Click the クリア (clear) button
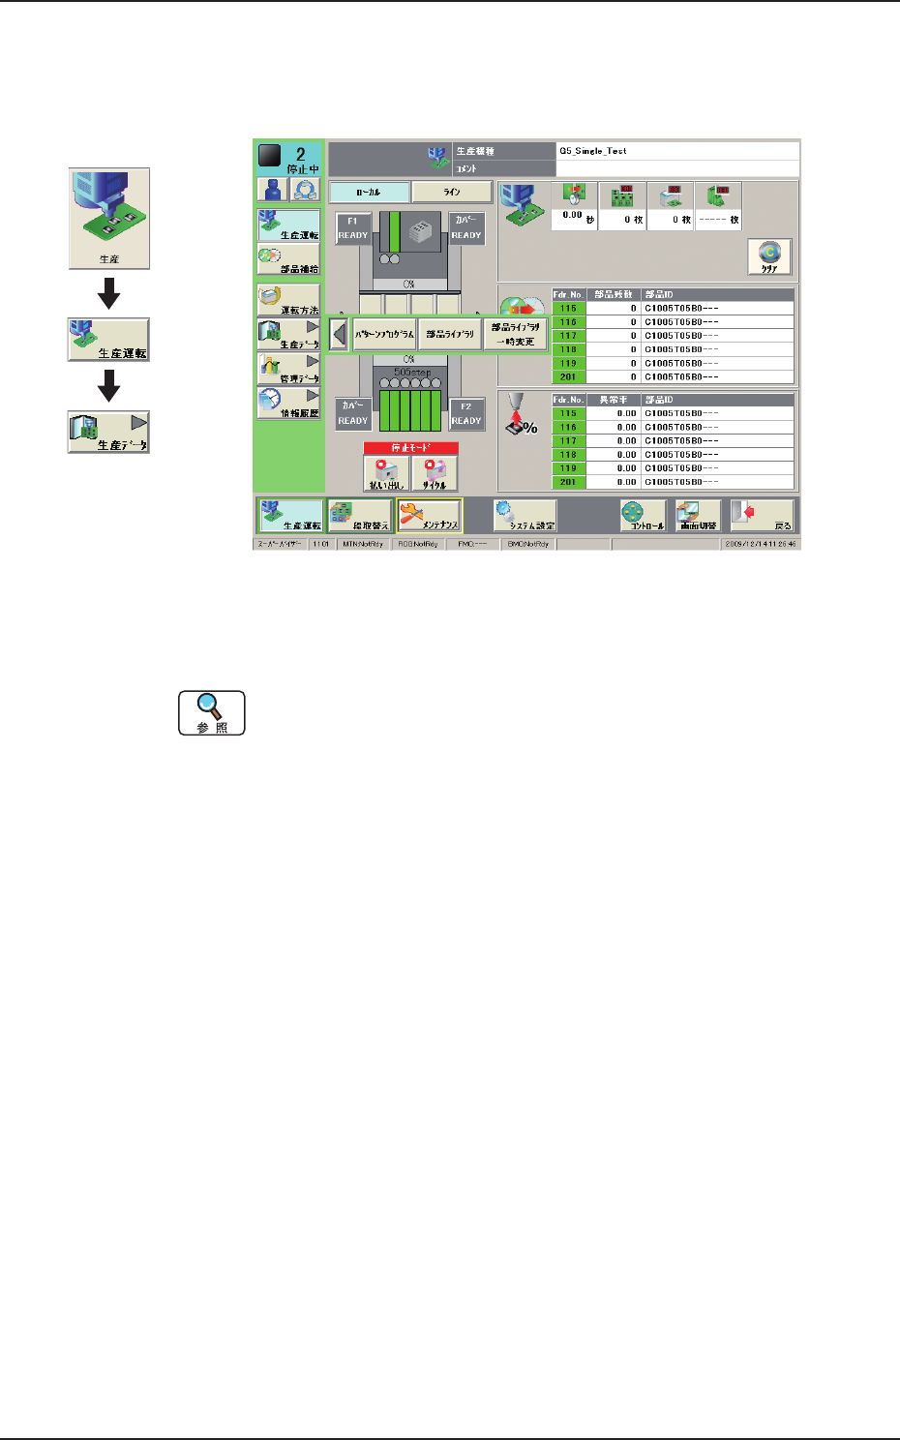pyautogui.click(x=769, y=257)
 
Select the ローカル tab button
pyautogui.click(x=369, y=193)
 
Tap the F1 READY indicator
pyautogui.click(x=352, y=228)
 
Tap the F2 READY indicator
pyautogui.click(x=465, y=414)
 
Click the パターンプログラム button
pyautogui.click(x=384, y=334)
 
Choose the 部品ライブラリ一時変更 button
pyautogui.click(x=515, y=334)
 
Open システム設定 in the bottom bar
pyautogui.click(x=525, y=516)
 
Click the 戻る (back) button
pyautogui.click(x=764, y=516)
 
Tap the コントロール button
pyautogui.click(x=643, y=516)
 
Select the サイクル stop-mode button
pyautogui.click(x=435, y=474)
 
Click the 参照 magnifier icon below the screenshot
pyautogui.click(x=211, y=713)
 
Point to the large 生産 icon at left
pyautogui.click(x=109, y=219)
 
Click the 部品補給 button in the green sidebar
pyautogui.click(x=288, y=260)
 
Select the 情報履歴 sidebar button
pyautogui.click(x=288, y=404)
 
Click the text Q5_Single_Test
pyautogui.click(x=592, y=151)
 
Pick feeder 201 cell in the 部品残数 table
pyautogui.click(x=568, y=376)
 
